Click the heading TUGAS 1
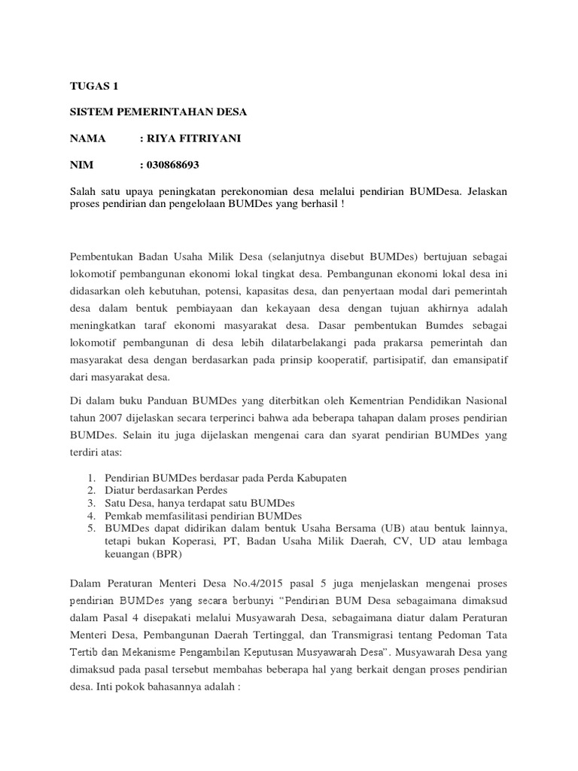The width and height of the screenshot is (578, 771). pyautogui.click(x=94, y=86)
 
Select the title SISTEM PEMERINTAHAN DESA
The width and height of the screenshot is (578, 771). pyautogui.click(x=157, y=112)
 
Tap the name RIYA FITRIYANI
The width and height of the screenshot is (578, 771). pyautogui.click(x=193, y=139)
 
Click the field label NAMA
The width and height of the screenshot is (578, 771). pyautogui.click(x=88, y=139)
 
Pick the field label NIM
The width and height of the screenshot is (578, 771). pyautogui.click(x=82, y=165)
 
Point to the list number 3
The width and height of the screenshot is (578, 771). pyautogui.click(x=90, y=502)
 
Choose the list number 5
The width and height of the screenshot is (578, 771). pyautogui.click(x=90, y=529)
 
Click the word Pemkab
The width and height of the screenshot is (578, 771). pyautogui.click(x=123, y=516)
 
